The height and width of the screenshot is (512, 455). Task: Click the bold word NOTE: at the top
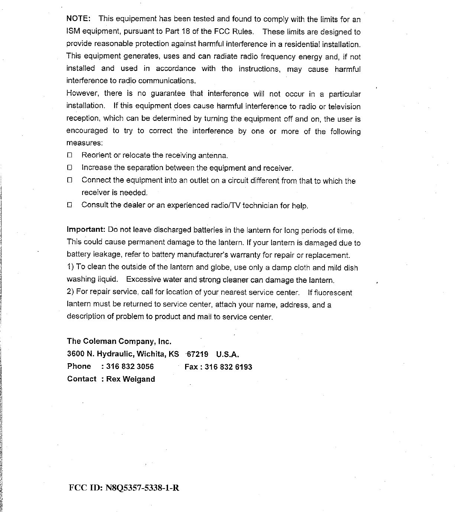77,19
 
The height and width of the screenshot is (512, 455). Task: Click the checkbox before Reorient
69,155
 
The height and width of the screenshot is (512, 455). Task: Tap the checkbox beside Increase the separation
69,168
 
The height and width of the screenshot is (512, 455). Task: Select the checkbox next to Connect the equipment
69,181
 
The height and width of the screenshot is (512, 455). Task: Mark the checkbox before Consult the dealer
69,205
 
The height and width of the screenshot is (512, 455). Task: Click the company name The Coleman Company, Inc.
119,341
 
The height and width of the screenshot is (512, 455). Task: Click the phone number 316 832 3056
130,367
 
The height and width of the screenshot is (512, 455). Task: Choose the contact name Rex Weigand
130,379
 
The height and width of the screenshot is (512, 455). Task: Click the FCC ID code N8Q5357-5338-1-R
143,487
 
